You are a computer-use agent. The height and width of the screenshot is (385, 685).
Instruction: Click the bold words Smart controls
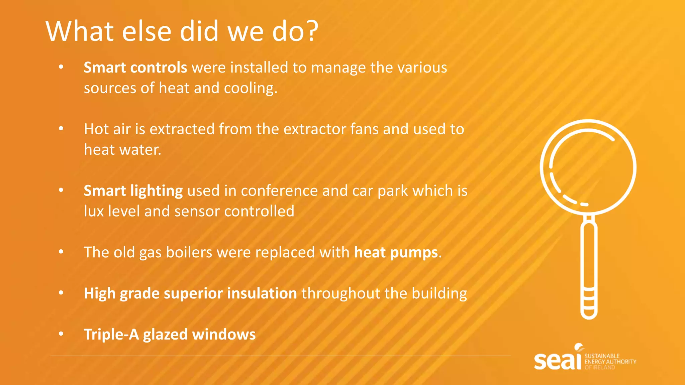click(135, 68)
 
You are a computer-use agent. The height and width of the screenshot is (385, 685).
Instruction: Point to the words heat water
click(122, 150)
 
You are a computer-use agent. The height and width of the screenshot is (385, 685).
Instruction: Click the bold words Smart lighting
click(133, 191)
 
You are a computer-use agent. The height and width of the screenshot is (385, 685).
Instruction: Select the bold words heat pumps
click(396, 252)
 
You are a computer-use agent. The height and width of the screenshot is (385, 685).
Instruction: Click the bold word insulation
click(262, 293)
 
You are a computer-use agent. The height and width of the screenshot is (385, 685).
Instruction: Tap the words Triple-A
click(111, 335)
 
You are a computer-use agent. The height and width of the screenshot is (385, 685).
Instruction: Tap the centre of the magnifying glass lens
click(588, 167)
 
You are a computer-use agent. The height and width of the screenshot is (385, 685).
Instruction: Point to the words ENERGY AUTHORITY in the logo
click(610, 362)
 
